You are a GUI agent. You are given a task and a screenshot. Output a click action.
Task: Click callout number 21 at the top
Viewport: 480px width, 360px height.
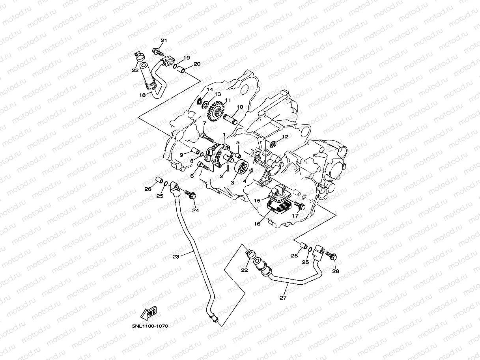click(164, 41)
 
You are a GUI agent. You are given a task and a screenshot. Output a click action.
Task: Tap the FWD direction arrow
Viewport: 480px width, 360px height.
click(149, 313)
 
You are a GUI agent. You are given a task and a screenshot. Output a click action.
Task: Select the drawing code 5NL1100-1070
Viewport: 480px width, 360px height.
click(150, 326)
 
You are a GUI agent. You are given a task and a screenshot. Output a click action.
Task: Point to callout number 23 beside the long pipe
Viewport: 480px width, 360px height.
click(176, 257)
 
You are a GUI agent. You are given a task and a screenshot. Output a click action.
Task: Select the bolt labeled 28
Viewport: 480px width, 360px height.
click(331, 256)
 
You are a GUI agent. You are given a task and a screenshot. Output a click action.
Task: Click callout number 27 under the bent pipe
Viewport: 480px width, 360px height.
click(283, 298)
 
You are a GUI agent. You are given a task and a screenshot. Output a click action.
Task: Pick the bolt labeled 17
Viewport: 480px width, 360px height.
click(300, 205)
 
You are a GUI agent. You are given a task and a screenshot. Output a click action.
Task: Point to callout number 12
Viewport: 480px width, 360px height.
click(285, 137)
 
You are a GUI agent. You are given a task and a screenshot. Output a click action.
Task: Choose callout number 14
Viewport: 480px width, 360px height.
click(209, 90)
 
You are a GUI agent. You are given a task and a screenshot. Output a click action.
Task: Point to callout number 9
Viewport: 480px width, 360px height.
click(181, 155)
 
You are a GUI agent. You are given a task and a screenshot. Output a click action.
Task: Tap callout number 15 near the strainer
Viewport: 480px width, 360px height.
click(257, 200)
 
